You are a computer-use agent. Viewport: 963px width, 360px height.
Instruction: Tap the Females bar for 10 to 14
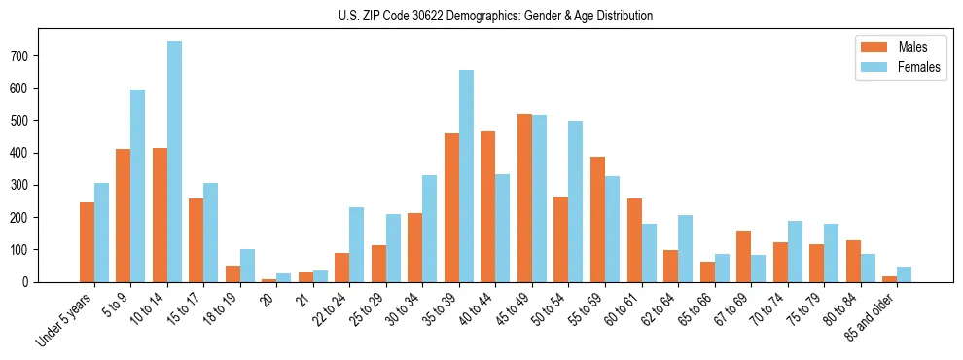pos(174,162)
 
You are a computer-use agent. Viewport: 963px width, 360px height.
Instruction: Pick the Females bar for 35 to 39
pos(466,176)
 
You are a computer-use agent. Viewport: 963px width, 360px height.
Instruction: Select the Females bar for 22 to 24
pos(357,244)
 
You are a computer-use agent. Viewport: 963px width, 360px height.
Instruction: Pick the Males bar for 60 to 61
pos(634,240)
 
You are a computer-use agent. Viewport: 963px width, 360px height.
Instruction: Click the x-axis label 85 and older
pos(868,316)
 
